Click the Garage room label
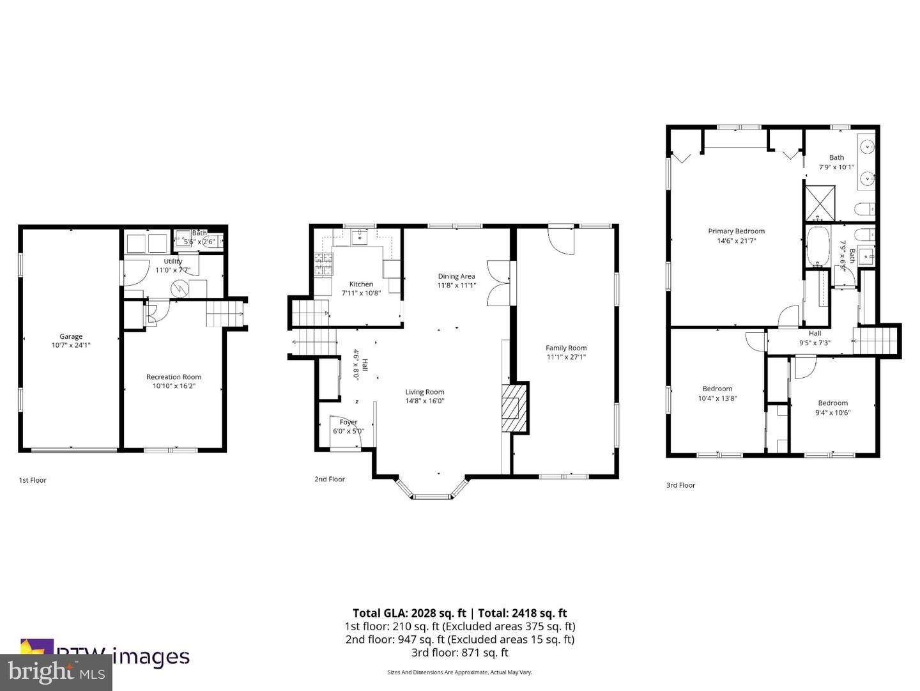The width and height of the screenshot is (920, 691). click(71, 336)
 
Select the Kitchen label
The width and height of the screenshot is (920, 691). click(361, 284)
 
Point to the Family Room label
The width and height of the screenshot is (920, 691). click(565, 348)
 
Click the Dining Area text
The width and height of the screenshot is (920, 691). click(456, 276)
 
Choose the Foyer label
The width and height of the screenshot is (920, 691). click(348, 423)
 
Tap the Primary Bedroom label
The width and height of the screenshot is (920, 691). click(736, 231)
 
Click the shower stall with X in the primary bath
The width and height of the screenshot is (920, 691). click(819, 203)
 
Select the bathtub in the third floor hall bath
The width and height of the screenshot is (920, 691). click(816, 247)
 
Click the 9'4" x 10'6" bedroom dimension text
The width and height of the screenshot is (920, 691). click(832, 412)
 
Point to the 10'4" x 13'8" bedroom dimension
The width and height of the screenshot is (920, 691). click(717, 398)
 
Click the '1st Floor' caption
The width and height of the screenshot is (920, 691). click(33, 480)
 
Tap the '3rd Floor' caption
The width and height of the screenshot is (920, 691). click(680, 485)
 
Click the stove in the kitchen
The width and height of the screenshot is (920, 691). click(323, 264)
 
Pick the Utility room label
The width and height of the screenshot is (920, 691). click(172, 261)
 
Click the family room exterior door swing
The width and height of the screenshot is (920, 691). click(562, 240)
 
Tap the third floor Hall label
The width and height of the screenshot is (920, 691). click(815, 333)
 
